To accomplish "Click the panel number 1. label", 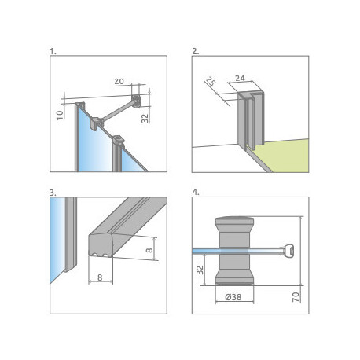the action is [x=53, y=52].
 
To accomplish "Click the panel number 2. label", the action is [x=196, y=52].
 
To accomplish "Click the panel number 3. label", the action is [x=53, y=193].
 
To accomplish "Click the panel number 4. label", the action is [x=196, y=192].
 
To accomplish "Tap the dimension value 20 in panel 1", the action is [x=119, y=82].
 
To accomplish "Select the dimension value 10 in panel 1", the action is [x=61, y=115].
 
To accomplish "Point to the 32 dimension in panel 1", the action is [x=145, y=118].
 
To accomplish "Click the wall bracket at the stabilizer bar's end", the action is [x=136, y=101].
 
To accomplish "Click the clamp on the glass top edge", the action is [x=97, y=123].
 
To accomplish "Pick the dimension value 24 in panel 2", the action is [x=240, y=78].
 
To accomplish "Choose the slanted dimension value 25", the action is [x=211, y=82].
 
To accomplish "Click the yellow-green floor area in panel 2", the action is [x=285, y=155].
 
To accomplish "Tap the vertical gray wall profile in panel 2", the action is [x=251, y=120].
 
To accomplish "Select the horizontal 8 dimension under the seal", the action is [x=100, y=277].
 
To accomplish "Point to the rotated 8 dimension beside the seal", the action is [x=149, y=250].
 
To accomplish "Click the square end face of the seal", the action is [x=101, y=246].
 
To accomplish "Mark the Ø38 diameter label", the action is [x=233, y=297].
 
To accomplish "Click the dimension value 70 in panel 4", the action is [x=296, y=297].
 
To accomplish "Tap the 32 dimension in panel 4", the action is [x=200, y=270].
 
